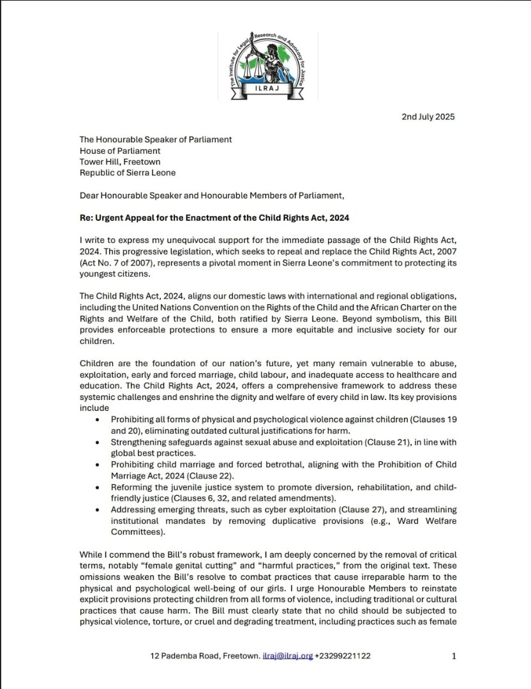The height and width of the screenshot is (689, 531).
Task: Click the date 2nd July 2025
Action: [428, 117]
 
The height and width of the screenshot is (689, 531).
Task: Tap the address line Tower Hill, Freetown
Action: [120, 161]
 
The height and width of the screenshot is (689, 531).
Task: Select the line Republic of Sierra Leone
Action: [128, 172]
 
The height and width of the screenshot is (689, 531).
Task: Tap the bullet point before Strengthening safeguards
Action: [96, 442]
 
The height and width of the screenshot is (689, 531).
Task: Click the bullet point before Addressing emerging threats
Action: [96, 510]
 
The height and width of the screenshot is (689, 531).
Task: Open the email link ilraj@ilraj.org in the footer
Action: [288, 656]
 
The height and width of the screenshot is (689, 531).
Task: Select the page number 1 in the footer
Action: [454, 656]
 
